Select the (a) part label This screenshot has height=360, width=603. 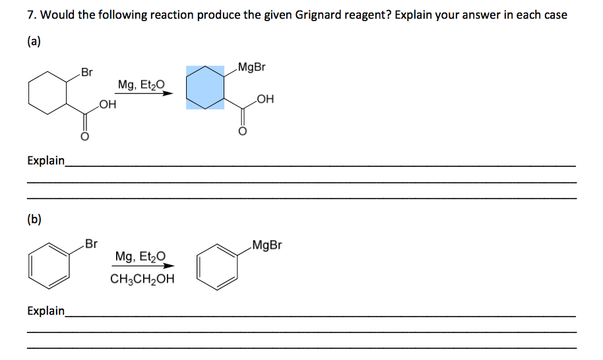(34, 42)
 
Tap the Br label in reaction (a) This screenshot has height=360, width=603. (86, 71)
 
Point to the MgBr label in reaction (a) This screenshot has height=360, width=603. (253, 67)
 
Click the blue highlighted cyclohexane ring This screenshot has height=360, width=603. (205, 87)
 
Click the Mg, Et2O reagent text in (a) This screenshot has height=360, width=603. (141, 84)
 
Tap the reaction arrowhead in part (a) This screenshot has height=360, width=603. (169, 93)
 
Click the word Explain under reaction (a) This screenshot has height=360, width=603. (46, 160)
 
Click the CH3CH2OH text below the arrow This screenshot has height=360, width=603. (143, 278)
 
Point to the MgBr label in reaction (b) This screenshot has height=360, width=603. (267, 245)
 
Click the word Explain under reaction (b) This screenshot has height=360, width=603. (46, 311)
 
